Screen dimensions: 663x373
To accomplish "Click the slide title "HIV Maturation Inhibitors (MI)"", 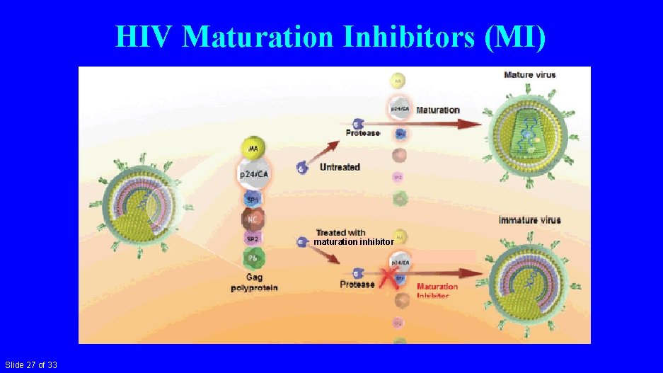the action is point(330,37).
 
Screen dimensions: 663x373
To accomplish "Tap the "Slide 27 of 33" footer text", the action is point(30,365).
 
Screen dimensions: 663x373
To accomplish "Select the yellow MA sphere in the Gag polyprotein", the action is point(253,147).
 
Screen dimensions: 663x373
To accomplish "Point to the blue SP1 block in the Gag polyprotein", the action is point(253,199).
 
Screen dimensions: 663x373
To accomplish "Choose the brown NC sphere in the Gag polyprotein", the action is point(253,219).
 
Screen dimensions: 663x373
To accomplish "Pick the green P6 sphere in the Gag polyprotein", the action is point(253,258).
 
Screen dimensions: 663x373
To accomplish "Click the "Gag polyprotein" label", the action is point(254,283).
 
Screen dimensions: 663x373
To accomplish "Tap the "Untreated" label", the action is point(340,167).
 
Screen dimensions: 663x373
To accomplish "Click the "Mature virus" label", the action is point(529,74).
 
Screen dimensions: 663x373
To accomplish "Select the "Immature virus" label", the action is point(529,220).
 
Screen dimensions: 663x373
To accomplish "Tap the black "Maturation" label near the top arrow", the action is point(437,110).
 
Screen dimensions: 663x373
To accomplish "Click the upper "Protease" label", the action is point(362,133).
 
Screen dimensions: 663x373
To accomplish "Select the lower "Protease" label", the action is point(357,285).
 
